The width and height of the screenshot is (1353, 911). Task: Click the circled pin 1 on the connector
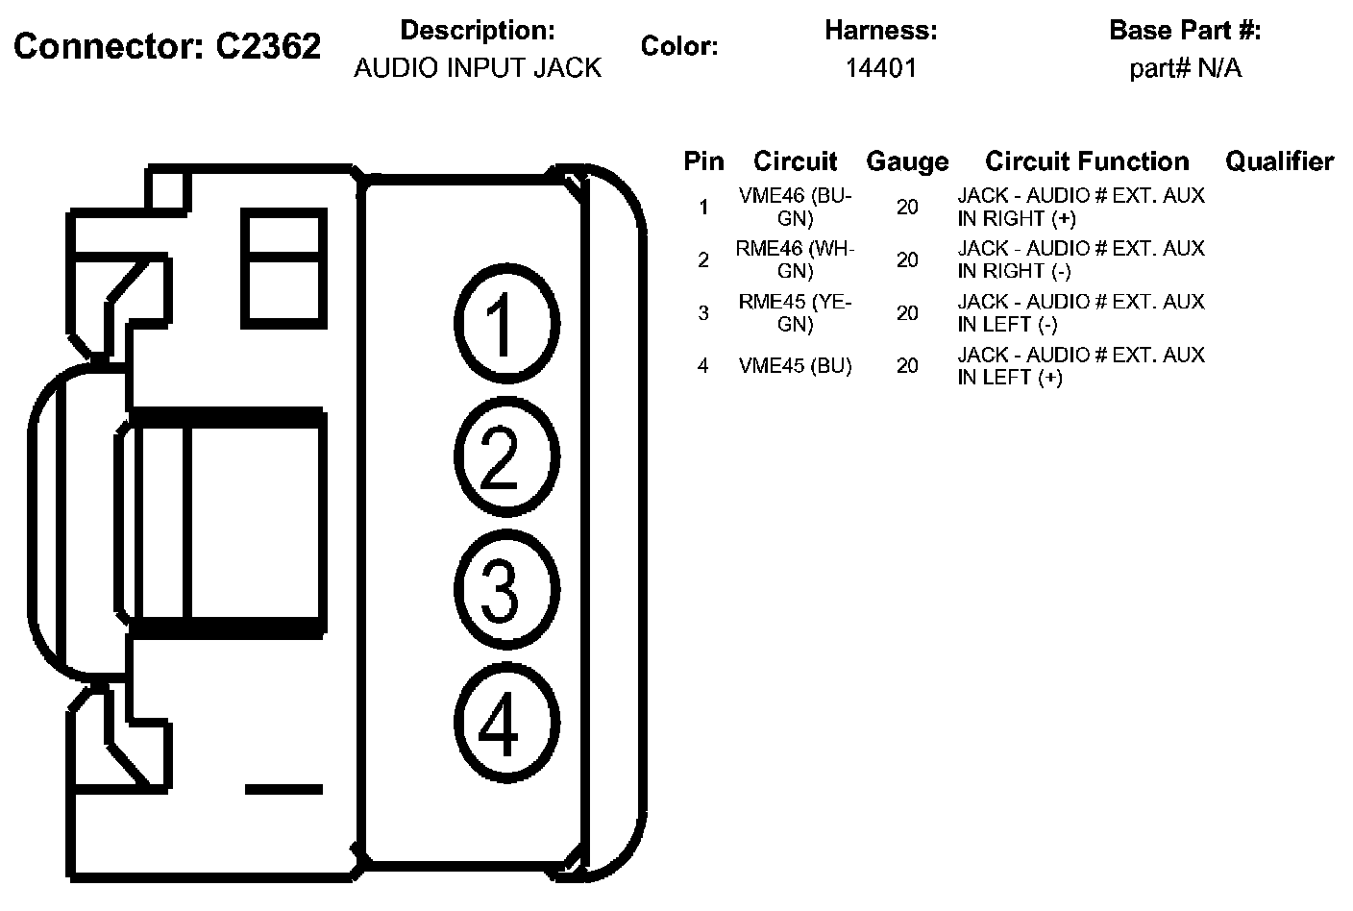pos(505,323)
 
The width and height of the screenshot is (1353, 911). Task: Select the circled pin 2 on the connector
pos(505,455)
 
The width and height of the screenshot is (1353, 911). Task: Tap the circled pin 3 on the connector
pos(505,588)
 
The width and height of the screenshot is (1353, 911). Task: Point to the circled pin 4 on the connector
pos(505,723)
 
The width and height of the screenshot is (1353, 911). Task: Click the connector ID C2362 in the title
pos(267,46)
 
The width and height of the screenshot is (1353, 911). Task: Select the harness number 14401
pos(880,68)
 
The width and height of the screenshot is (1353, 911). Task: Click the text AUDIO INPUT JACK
pos(478,68)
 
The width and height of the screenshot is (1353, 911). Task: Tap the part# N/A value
pos(1185,68)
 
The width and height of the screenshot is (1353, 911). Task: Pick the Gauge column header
pos(907,161)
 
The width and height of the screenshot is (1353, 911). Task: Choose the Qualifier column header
pos(1279,161)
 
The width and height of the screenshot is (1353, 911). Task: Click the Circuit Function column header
pos(1087,161)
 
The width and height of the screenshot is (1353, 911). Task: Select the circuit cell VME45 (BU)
pos(795,366)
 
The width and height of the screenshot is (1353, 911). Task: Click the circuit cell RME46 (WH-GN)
pos(795,259)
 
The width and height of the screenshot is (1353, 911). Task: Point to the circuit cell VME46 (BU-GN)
pos(795,207)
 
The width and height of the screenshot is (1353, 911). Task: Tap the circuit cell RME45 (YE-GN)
pos(795,312)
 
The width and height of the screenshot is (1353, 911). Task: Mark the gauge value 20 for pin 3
pos(907,313)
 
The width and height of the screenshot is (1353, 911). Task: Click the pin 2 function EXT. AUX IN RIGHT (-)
pos(1080,259)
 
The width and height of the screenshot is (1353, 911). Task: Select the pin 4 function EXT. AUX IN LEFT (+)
pos(1080,366)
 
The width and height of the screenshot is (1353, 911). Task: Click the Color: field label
pos(679,46)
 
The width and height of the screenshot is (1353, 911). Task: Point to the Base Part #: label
pos(1185,31)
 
